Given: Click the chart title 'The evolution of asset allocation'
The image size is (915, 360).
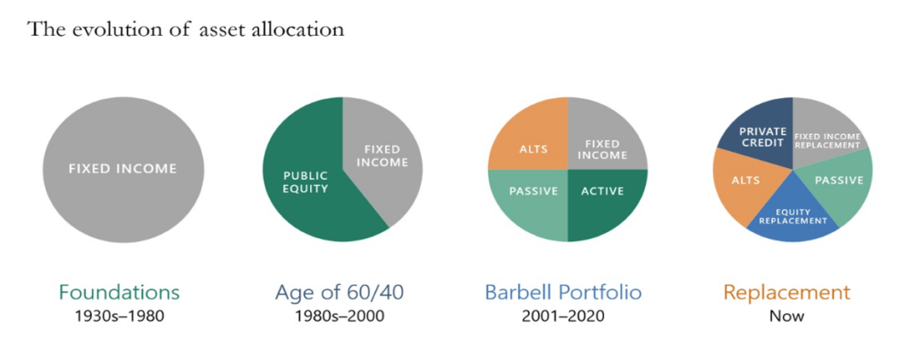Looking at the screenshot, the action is (x=186, y=29).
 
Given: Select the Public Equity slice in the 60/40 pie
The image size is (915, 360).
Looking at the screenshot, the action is (x=304, y=180).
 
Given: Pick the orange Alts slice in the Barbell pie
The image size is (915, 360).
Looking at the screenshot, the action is (x=527, y=134).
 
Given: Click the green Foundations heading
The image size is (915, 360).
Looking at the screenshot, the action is (x=120, y=292).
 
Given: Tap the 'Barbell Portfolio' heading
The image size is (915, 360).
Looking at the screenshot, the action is (x=564, y=292).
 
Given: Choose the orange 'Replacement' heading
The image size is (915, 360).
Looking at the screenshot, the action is (x=787, y=292).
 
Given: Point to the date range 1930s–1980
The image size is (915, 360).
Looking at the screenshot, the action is (x=120, y=316).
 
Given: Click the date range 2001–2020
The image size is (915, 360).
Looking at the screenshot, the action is (x=563, y=316).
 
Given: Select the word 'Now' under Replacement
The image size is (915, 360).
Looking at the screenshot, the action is (x=787, y=316).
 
